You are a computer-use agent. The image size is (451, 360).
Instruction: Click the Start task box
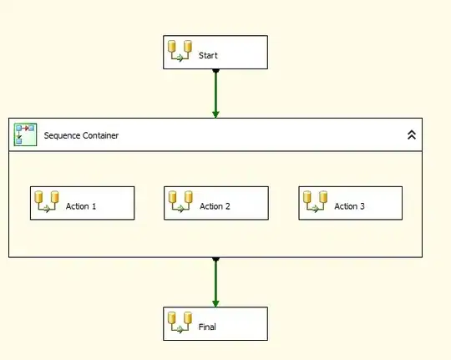point(215,53)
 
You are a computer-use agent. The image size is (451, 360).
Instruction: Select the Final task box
point(215,324)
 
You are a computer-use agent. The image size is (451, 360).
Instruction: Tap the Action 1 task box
point(82,203)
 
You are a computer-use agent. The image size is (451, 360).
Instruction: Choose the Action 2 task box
point(216,203)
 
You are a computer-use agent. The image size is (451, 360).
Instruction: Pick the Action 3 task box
point(351,203)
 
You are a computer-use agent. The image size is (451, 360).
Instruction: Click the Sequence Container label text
point(81,135)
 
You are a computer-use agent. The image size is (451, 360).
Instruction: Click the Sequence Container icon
point(25,134)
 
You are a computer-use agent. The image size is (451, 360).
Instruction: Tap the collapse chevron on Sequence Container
point(412,134)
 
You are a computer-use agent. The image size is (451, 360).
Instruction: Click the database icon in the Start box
point(180,51)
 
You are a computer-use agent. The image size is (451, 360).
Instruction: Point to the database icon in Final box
point(180,322)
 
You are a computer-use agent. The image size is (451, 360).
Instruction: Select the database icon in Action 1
point(47,202)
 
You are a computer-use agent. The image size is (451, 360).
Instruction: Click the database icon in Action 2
point(180,202)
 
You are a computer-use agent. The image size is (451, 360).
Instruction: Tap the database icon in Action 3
point(315,202)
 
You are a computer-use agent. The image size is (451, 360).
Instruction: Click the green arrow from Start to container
point(215,94)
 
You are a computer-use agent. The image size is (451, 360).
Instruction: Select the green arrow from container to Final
point(215,282)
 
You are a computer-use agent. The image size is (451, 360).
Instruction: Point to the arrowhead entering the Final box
point(215,303)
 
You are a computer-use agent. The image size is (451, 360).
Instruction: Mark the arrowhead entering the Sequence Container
point(215,114)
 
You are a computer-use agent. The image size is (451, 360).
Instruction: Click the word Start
point(208,55)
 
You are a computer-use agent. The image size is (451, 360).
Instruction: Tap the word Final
point(207,327)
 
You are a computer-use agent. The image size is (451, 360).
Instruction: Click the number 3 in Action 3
point(362,206)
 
